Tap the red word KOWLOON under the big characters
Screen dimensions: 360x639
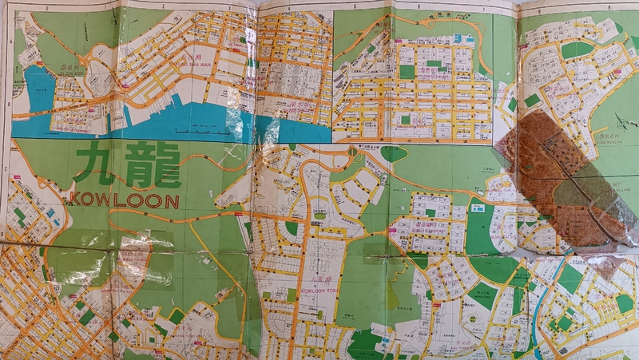(x=125, y=200)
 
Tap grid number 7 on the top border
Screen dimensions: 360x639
(x=482, y=7)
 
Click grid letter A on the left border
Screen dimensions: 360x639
(x=6, y=44)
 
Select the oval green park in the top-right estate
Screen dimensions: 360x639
(x=577, y=50)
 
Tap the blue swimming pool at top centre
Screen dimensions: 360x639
(x=462, y=38)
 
